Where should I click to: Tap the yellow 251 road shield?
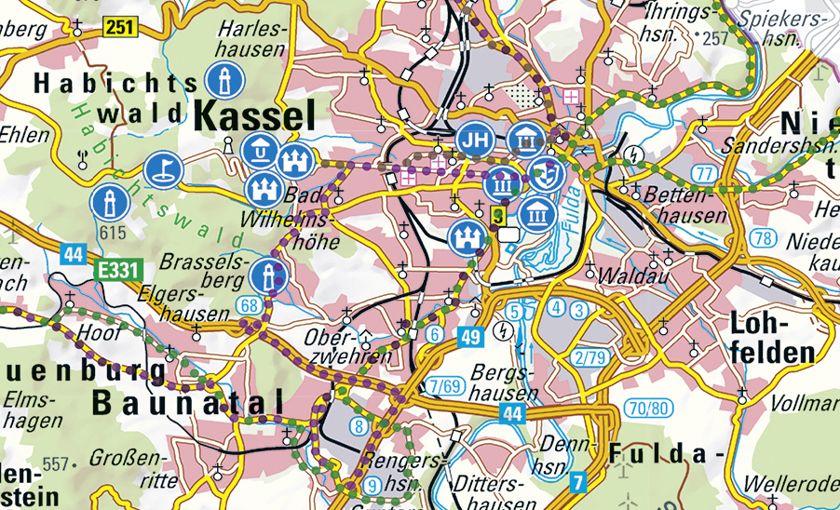[120, 27]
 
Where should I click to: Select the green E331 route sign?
[116, 271]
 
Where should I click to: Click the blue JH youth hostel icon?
[475, 141]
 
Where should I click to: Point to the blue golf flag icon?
[162, 169]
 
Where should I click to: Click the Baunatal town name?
[187, 402]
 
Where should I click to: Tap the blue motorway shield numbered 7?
[578, 481]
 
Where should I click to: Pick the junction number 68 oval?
[248, 305]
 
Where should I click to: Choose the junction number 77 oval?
[705, 173]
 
